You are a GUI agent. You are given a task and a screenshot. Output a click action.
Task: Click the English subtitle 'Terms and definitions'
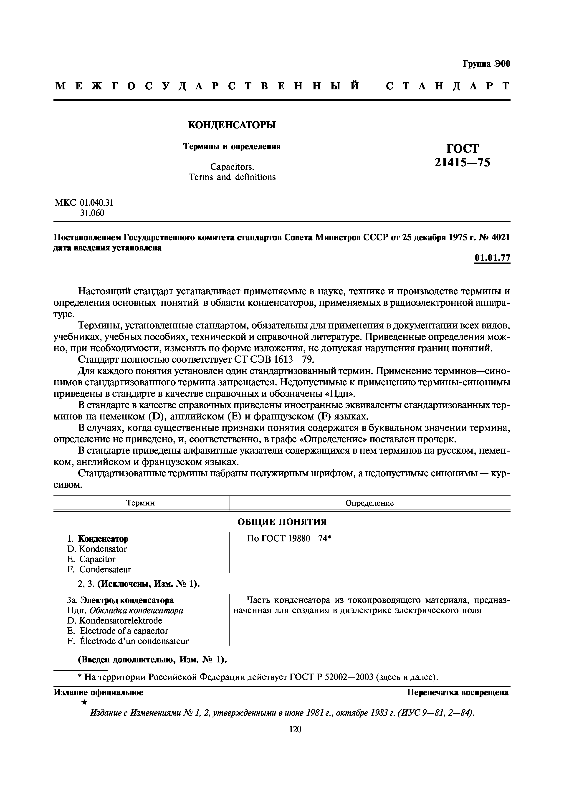(x=232, y=177)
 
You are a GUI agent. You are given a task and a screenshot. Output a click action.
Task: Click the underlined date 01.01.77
(x=492, y=258)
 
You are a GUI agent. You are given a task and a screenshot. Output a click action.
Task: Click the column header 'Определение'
(x=369, y=503)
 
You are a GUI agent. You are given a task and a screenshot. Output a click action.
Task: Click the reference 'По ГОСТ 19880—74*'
(x=288, y=539)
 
